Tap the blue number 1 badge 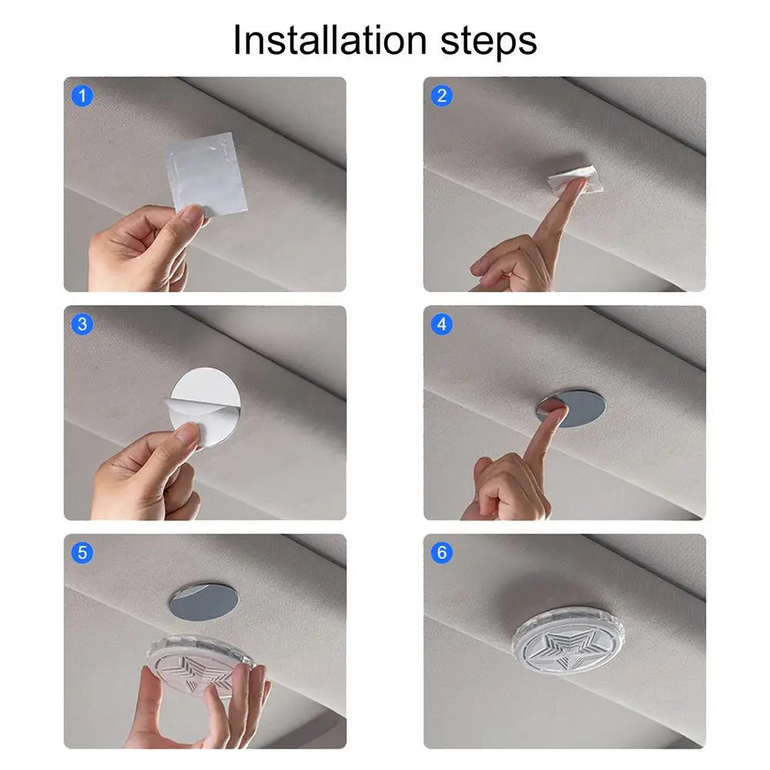(x=82, y=96)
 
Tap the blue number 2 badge (x=441, y=96)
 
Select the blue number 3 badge (x=82, y=324)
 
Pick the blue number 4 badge (x=441, y=324)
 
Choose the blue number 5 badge (x=82, y=552)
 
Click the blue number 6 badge (x=441, y=552)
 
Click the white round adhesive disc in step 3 (x=206, y=393)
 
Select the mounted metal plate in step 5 (x=202, y=601)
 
